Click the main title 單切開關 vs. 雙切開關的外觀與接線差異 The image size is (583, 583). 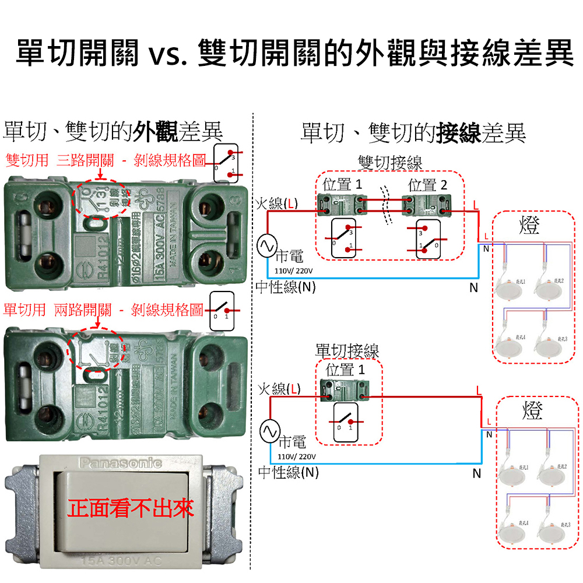coord(291,52)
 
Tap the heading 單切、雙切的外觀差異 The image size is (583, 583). coord(113,133)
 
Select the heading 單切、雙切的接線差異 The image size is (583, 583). coord(413,133)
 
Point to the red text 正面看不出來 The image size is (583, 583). coord(131,508)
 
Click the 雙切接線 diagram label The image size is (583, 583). coord(390,163)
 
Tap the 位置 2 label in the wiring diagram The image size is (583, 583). coord(428,185)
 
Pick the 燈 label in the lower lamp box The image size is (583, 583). coord(532,410)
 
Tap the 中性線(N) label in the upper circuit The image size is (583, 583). coord(286,287)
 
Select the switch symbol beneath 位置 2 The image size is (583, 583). coord(426,239)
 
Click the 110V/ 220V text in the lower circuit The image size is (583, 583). coord(296,455)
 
